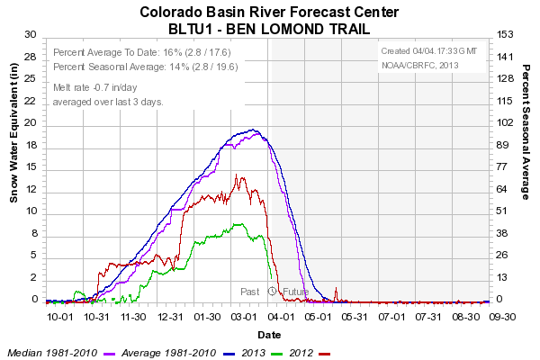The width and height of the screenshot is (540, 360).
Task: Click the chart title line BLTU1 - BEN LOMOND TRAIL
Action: pyautogui.click(x=269, y=28)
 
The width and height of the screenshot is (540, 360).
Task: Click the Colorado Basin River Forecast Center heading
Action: pyautogui.click(x=269, y=12)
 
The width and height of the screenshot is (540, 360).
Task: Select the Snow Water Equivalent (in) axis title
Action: pyautogui.click(x=14, y=139)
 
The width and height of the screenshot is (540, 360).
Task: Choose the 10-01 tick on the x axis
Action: pyautogui.click(x=59, y=317)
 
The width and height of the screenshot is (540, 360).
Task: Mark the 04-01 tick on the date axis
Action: pyautogui.click(x=282, y=317)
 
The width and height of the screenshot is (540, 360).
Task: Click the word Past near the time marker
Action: pyautogui.click(x=249, y=292)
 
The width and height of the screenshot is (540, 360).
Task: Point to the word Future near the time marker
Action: pyautogui.click(x=295, y=292)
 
